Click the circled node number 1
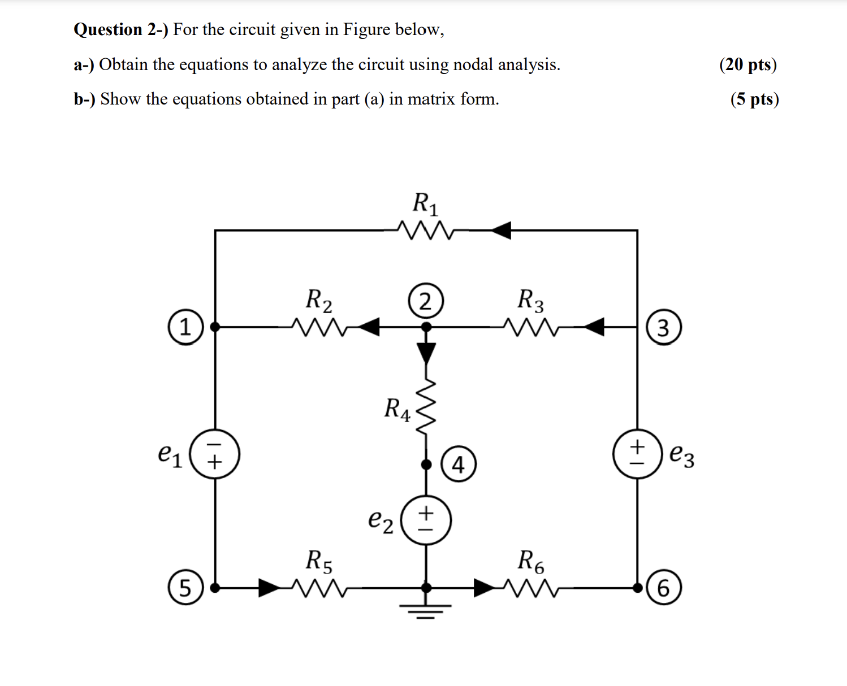coord(185,327)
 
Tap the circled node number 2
coord(425,301)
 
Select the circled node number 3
coord(664,327)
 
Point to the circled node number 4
coord(458,464)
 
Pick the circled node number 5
coord(185,588)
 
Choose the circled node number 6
coord(664,588)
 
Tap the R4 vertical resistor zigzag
coord(426,406)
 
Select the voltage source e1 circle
coord(215,454)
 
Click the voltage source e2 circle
coord(426,520)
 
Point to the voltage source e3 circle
coord(637,454)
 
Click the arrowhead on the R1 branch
coord(501,230)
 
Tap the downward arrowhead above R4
coord(426,353)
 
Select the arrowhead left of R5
coord(269,588)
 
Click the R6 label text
coord(531,561)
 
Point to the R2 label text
coord(319,299)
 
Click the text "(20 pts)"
coord(748,64)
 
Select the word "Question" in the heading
coord(108,29)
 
